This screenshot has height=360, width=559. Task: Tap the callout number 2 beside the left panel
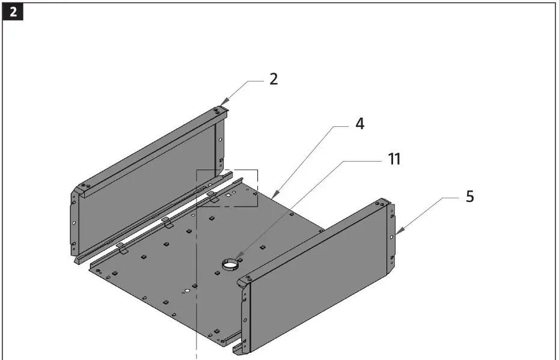point(273,79)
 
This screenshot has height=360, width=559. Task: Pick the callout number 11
point(394,159)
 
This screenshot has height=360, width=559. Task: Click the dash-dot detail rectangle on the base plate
point(227,188)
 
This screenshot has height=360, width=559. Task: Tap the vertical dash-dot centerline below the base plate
point(197,337)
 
